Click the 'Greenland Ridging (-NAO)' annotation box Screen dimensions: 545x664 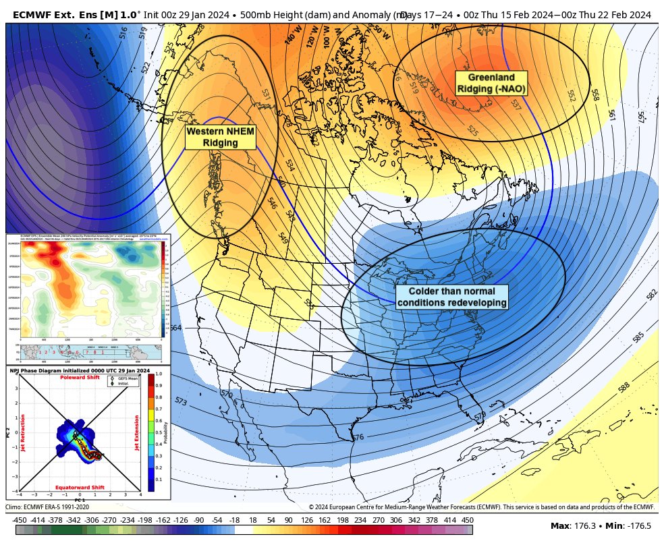click(x=491, y=83)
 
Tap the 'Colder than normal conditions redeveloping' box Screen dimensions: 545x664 click(x=451, y=297)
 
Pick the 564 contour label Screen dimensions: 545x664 click(x=175, y=328)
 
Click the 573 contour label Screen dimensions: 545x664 click(x=181, y=401)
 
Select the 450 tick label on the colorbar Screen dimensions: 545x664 click(x=467, y=520)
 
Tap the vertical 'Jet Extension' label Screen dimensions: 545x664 click(x=138, y=432)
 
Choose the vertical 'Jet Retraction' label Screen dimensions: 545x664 click(x=23, y=432)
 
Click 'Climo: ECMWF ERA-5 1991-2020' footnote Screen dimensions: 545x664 click(x=47, y=507)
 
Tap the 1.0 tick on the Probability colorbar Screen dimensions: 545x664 click(x=159, y=373)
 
